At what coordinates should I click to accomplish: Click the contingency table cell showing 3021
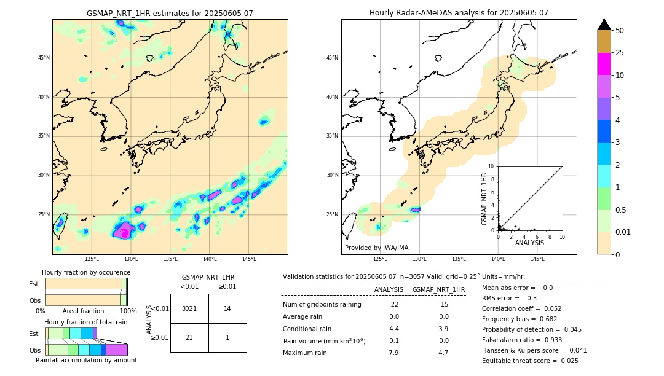pos(189,308)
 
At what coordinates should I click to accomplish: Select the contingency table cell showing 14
pos(227,308)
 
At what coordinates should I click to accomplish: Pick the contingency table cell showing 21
pos(189,338)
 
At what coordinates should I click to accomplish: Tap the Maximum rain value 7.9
pos(393,353)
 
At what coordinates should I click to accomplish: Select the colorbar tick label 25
pos(620,53)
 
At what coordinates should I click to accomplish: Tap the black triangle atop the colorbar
pos(604,25)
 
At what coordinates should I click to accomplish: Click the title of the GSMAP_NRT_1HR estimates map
pos(170,13)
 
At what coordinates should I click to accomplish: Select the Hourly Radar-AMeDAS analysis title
pos(459,13)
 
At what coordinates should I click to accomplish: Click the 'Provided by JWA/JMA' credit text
pos(376,248)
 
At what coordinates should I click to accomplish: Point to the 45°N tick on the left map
pos(44,58)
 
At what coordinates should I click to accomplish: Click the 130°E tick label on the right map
pos(419,259)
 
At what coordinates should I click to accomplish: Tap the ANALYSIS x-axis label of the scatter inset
pos(529,243)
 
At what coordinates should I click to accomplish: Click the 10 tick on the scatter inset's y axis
pos(491,166)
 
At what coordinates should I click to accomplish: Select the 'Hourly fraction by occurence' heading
pos(86,272)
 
